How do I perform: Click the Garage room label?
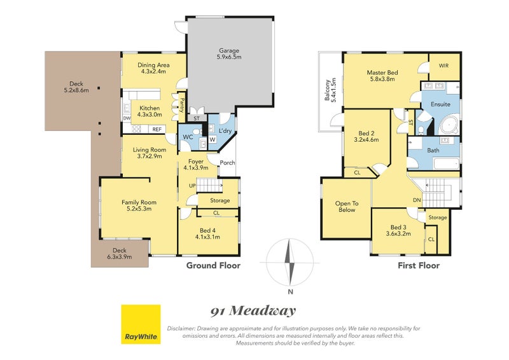pos(229,53)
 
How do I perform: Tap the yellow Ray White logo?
pos(141,324)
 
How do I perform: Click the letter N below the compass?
pos(291,291)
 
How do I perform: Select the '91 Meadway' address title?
pos(253,311)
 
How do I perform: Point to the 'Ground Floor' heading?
pos(213,265)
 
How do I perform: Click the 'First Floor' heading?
pos(419,265)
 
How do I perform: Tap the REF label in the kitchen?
pos(157,129)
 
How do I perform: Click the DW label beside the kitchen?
pos(127,118)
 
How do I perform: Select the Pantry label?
pos(182,105)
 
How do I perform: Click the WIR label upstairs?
pos(443,66)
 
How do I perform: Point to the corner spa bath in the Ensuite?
pos(450,125)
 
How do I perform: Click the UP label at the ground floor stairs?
pos(192,186)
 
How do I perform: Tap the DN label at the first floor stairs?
pos(417,200)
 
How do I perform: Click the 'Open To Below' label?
pos(347,207)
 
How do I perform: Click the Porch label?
pos(227,163)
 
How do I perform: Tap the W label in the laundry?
pos(213,139)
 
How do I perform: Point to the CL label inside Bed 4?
pos(216,213)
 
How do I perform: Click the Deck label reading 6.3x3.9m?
pos(120,254)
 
